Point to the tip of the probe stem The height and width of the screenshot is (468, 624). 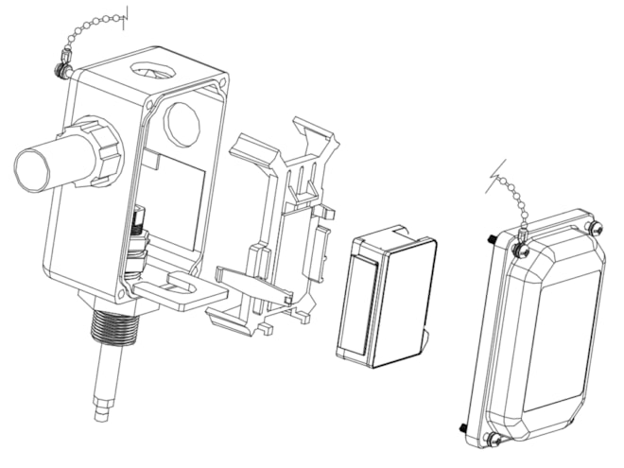click(x=101, y=412)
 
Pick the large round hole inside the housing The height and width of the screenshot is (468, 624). click(x=182, y=121)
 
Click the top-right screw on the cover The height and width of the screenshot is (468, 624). click(x=593, y=228)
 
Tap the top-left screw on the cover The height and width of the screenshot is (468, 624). click(x=519, y=250)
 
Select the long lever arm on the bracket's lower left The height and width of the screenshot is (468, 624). click(x=251, y=284)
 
